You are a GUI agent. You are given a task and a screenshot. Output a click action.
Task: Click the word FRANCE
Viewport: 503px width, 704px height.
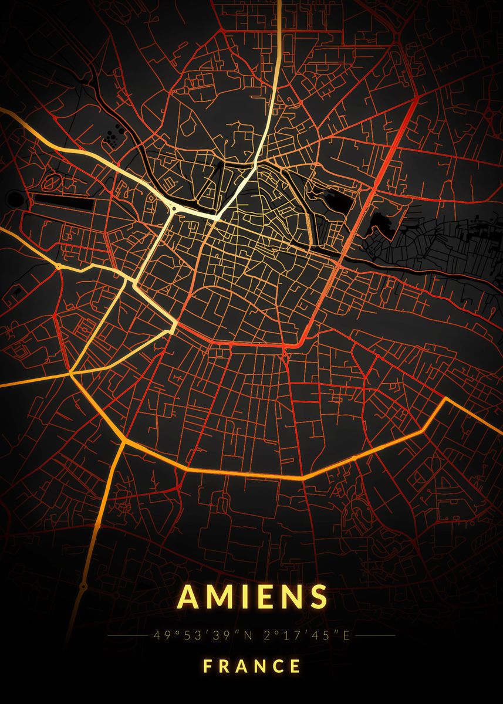pos(252,666)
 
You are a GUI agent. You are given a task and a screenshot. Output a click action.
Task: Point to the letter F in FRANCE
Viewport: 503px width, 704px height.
pos(208,666)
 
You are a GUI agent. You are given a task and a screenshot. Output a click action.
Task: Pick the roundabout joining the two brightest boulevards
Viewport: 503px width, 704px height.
pos(174,209)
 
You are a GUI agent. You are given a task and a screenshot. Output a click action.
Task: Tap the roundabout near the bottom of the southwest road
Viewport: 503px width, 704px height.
pos(83,585)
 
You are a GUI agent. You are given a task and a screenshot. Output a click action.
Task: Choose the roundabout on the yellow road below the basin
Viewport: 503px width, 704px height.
pos(59,266)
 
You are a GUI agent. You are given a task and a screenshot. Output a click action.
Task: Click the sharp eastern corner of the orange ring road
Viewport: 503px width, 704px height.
pos(445,398)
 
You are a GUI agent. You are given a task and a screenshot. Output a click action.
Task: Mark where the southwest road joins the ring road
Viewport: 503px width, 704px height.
pos(124,439)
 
